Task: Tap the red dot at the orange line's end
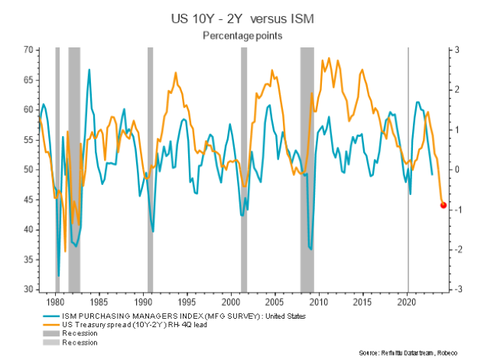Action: coord(443,205)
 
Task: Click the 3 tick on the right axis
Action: coord(456,50)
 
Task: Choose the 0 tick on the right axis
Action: coord(456,170)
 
